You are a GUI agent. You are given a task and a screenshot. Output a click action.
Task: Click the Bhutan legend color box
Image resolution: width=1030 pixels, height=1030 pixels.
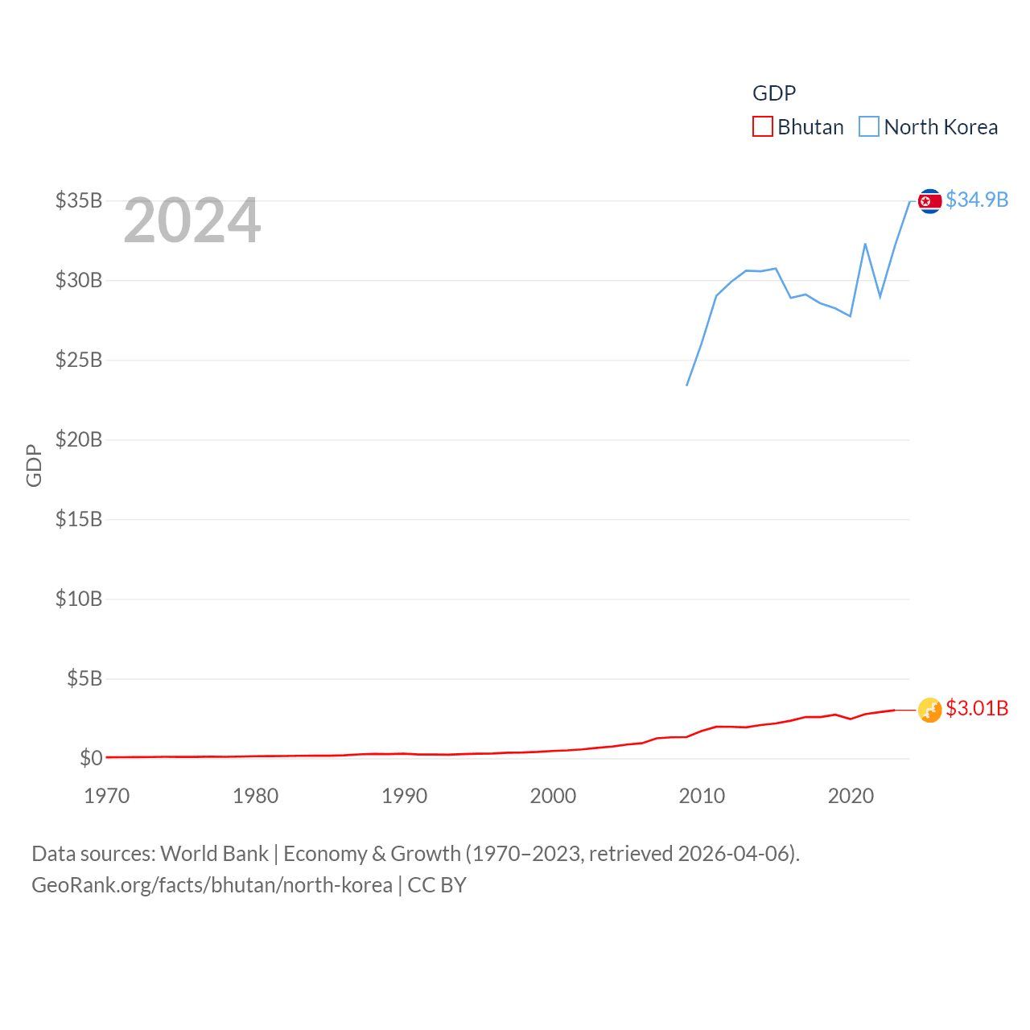(x=762, y=127)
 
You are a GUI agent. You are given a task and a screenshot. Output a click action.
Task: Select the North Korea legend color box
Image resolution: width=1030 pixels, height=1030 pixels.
(x=869, y=127)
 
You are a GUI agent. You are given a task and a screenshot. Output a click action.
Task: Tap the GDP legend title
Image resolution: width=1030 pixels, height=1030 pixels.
(x=774, y=93)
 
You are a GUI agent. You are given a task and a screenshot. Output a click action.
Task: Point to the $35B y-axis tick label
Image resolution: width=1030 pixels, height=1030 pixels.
(x=79, y=200)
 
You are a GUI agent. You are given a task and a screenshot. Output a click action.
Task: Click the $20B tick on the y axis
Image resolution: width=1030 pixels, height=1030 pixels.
(x=79, y=439)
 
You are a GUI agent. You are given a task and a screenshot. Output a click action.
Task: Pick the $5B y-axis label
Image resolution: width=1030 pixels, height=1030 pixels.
(x=84, y=678)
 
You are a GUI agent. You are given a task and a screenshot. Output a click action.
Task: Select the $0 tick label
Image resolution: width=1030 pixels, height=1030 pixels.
(x=91, y=758)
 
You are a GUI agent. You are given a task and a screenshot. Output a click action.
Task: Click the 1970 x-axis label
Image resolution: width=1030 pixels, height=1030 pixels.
(x=107, y=796)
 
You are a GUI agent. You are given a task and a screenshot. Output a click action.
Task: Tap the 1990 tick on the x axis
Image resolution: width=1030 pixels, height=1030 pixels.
(x=405, y=796)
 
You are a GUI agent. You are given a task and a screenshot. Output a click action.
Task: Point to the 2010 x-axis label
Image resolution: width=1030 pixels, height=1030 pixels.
(x=702, y=796)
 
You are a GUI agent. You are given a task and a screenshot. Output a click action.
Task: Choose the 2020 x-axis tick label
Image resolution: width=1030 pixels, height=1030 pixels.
(x=851, y=796)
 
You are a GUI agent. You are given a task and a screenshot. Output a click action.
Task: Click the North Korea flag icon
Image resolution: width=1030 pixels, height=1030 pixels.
(x=929, y=201)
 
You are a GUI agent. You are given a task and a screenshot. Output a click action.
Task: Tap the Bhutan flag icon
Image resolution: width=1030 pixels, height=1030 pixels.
(x=929, y=710)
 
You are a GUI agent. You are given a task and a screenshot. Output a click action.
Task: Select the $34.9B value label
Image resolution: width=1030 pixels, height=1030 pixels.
(x=977, y=200)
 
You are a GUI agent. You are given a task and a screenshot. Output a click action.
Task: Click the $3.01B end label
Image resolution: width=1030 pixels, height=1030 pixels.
(x=977, y=708)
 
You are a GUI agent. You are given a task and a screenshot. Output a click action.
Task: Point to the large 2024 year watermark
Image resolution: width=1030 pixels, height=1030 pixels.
(x=192, y=220)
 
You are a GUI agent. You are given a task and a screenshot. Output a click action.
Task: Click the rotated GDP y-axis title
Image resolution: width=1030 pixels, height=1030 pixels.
(x=34, y=465)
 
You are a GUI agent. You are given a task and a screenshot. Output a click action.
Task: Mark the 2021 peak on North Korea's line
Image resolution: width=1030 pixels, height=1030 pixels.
(x=865, y=244)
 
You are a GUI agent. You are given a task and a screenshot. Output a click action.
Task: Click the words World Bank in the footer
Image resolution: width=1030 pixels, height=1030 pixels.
(x=215, y=853)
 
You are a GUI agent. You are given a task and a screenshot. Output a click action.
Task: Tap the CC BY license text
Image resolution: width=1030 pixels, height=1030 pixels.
(x=437, y=885)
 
